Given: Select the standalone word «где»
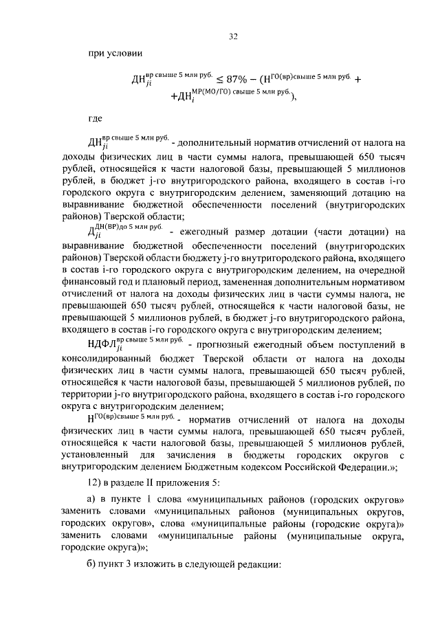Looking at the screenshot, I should point(96,118).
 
